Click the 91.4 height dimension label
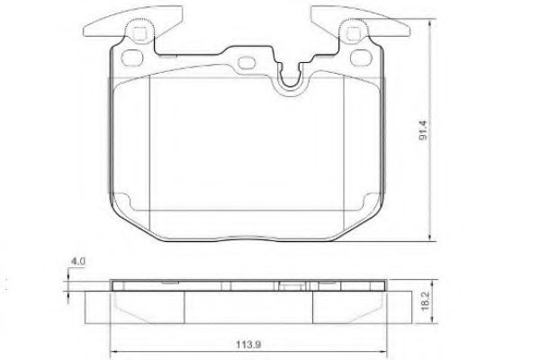pos(423,130)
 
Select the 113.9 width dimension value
pos(248,344)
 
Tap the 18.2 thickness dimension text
pos(426,301)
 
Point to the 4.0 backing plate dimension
pos(77,261)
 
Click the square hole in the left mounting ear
pos(139,34)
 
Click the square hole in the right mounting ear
pos(353,34)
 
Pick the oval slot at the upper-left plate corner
pos(132,57)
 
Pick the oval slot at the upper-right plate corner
pos(360,57)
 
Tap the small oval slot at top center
pos(247,62)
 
